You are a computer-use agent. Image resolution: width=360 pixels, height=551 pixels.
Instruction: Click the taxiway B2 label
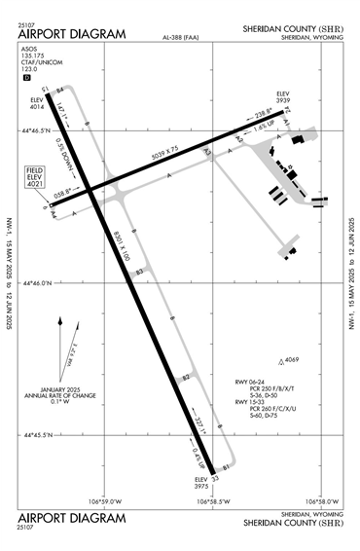click(x=185, y=377)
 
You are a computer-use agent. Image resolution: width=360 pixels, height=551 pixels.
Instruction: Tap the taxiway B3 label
click(x=139, y=274)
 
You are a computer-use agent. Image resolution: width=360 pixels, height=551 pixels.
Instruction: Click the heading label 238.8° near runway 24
click(x=250, y=114)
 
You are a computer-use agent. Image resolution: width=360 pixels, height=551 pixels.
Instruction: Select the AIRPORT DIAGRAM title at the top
click(x=72, y=35)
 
